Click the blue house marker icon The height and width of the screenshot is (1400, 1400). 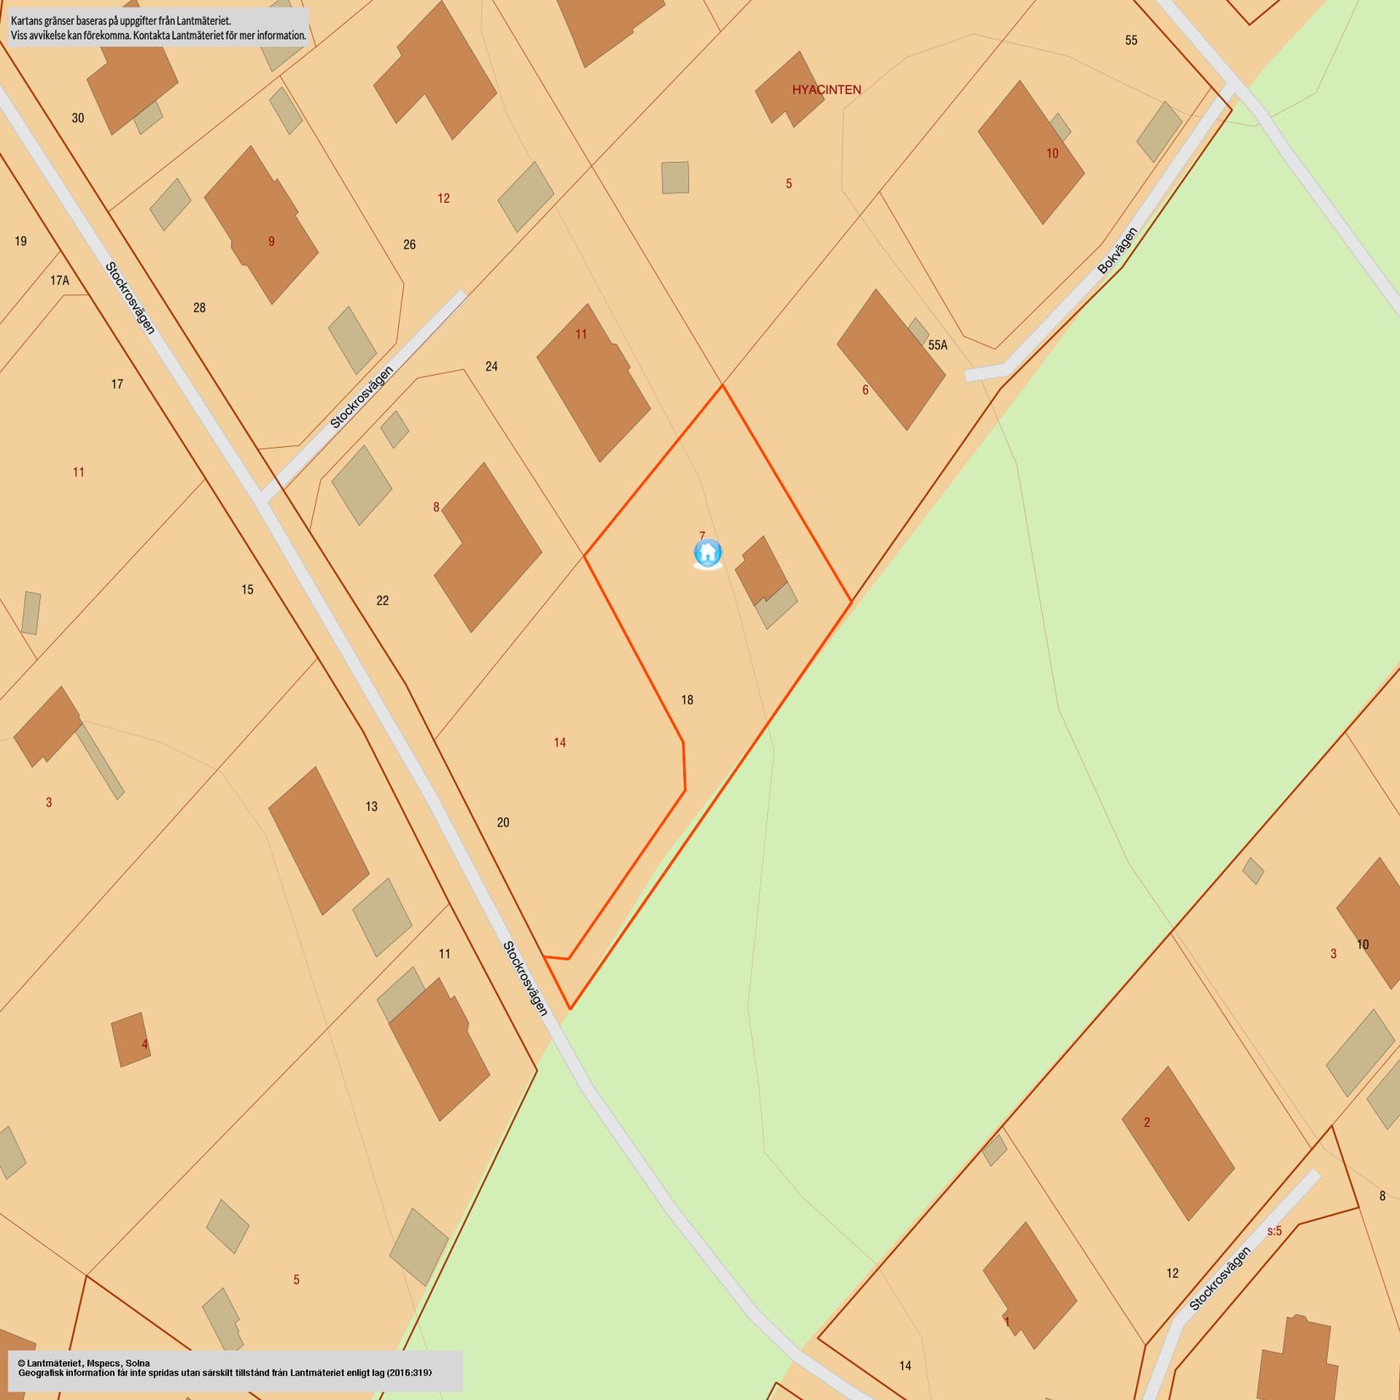[x=708, y=553]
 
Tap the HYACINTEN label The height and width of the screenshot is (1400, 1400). [x=826, y=90]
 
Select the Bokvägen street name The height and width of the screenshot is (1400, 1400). [x=1117, y=251]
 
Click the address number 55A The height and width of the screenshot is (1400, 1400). [x=938, y=345]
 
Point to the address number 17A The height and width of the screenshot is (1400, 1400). [x=59, y=281]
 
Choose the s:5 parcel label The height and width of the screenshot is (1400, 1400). [x=1274, y=1231]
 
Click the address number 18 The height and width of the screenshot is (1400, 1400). [x=687, y=700]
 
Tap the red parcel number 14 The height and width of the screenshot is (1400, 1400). [x=560, y=743]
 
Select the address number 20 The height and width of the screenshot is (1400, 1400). [x=503, y=822]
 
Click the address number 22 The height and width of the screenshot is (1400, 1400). [x=383, y=601]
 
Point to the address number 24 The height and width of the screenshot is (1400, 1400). [x=491, y=367]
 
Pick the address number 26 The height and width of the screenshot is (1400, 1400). [x=410, y=244]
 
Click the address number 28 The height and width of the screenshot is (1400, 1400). [x=199, y=308]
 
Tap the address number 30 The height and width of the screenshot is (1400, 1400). [x=78, y=118]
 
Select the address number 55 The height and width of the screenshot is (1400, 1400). [x=1131, y=41]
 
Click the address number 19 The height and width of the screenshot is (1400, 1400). [x=21, y=241]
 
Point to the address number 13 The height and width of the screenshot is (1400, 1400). [x=372, y=806]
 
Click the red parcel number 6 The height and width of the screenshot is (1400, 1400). [x=865, y=390]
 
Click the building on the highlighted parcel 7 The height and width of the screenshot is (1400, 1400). [x=760, y=570]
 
